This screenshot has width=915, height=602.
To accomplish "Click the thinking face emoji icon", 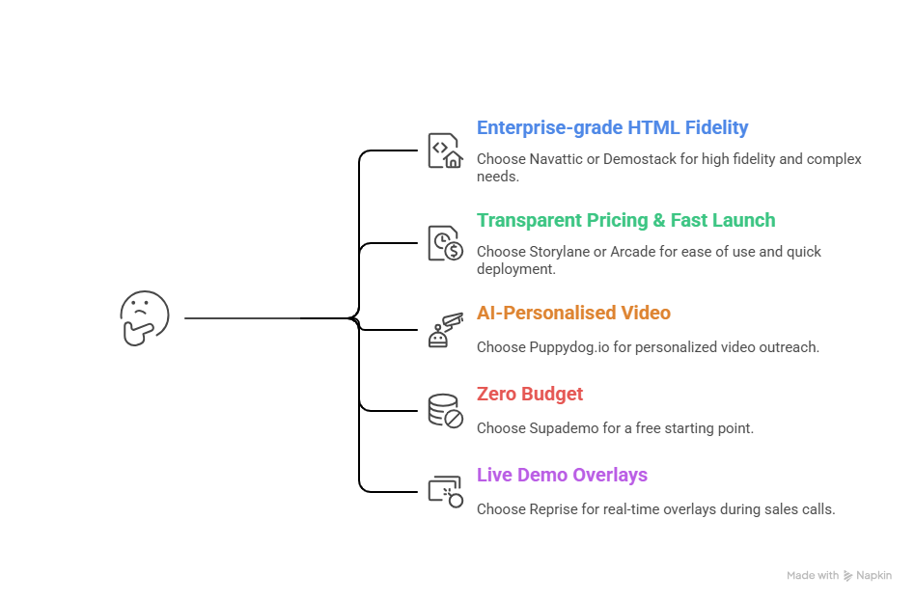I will [x=144, y=317].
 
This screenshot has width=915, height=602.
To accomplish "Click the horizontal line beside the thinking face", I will [x=241, y=317].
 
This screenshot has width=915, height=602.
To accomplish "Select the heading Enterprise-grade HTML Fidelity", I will [x=612, y=127].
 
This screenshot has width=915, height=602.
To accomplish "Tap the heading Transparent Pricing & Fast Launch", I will [x=625, y=220].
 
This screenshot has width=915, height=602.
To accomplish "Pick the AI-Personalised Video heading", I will [x=573, y=313].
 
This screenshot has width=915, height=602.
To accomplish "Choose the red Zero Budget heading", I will [x=530, y=394].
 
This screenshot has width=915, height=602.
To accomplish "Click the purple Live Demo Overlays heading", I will [x=562, y=475].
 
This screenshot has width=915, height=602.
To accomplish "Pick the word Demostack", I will [x=639, y=158].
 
